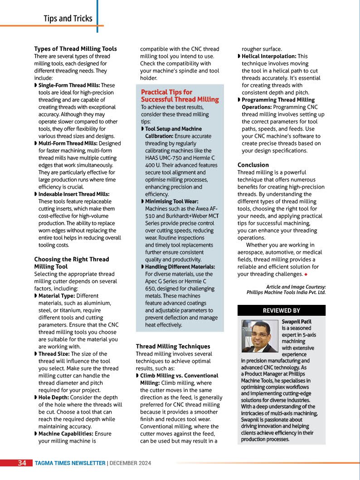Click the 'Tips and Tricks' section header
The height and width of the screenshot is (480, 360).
pos(68,19)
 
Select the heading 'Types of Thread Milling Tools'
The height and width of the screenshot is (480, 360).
pos(75,49)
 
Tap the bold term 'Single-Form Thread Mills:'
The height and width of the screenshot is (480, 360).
pos(69,85)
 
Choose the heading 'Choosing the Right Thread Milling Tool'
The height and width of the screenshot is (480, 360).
pos(72,263)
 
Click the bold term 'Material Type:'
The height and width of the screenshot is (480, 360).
pos(57,296)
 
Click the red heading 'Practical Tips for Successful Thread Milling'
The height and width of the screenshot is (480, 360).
pos(180,96)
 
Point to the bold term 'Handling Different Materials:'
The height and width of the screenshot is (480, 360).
pos(180,267)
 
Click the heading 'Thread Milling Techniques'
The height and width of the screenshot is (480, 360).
pos(173,347)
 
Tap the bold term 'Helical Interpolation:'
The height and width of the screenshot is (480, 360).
pos(269,56)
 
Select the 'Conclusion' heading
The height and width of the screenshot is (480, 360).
pos(253,165)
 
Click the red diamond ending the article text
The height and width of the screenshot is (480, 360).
pos(306,274)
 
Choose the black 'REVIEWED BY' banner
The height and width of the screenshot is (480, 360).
pos(281,310)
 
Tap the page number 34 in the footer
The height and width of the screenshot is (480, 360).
pos(22,463)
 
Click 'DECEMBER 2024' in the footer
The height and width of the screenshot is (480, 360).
pos(131,463)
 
